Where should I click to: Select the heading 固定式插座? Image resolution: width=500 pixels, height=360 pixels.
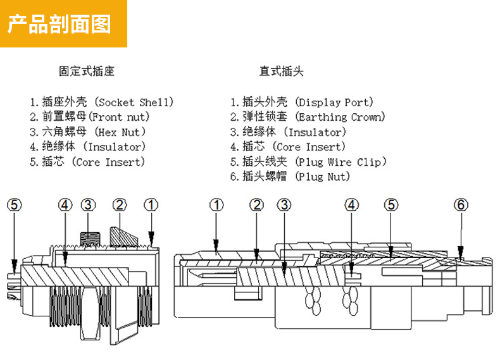[x=86, y=71]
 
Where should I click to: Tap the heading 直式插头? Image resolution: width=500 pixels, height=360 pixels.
[x=281, y=71]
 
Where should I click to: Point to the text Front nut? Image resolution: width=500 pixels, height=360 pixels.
[x=120, y=117]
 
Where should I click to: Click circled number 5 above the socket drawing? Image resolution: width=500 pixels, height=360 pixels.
[x=14, y=204]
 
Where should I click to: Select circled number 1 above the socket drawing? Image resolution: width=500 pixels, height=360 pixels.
[x=151, y=204]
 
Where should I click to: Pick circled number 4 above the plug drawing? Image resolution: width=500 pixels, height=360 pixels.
[x=352, y=204]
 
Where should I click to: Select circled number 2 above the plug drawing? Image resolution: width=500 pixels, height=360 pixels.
[x=256, y=204]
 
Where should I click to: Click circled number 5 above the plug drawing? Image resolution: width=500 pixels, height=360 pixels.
[x=392, y=204]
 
